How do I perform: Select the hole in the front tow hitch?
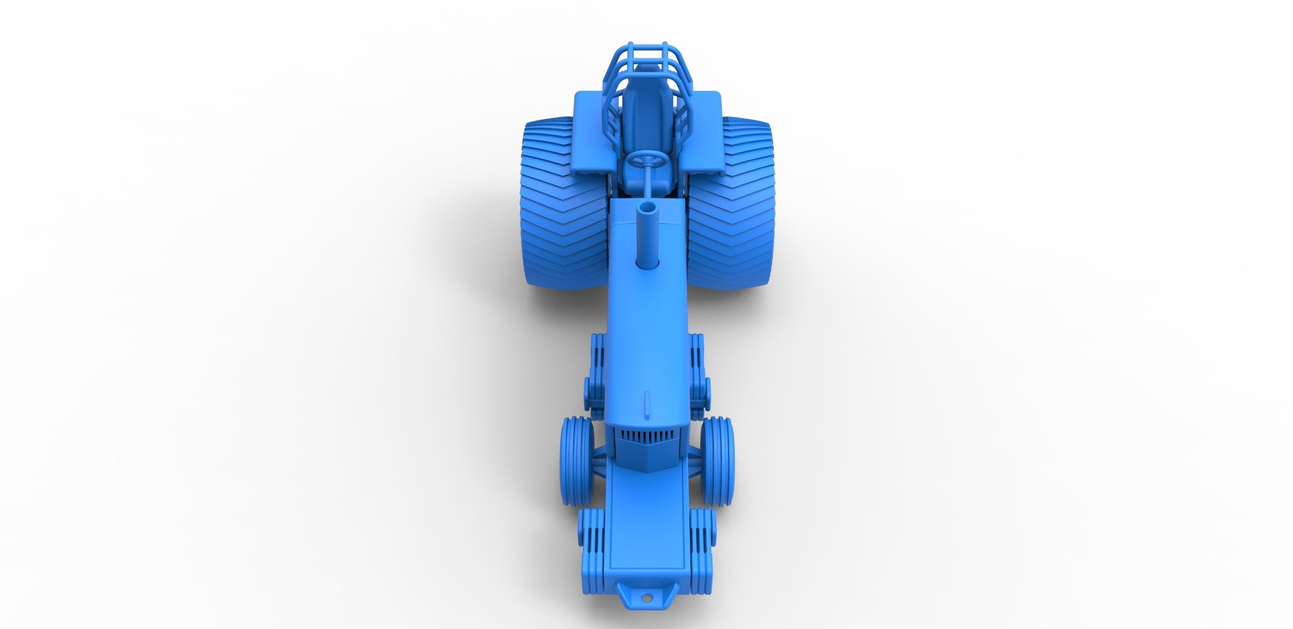point(647,612)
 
